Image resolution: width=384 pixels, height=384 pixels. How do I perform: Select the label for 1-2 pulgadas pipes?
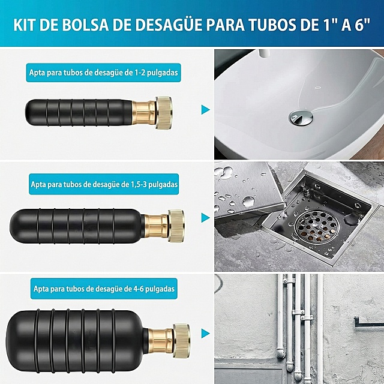(103, 73)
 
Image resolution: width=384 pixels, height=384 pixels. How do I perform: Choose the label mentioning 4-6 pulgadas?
(103, 289)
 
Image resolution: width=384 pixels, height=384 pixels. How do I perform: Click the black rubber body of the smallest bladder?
(78, 110)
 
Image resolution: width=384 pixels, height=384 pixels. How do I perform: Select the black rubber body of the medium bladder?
(78, 222)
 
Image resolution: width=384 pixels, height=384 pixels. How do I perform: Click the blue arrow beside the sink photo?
(206, 110)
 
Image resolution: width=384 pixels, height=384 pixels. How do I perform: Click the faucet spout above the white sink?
(264, 53)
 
